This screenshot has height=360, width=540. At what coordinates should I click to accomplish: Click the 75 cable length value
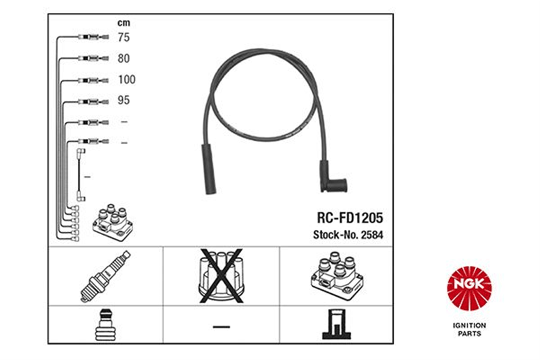[x=124, y=37]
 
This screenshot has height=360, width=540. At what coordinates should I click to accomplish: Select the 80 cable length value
[x=124, y=58]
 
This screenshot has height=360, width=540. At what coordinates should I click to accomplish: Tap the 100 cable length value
[x=127, y=79]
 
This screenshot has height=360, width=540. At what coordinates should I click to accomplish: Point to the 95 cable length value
[x=124, y=100]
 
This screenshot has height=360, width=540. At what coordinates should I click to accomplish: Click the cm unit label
[x=124, y=23]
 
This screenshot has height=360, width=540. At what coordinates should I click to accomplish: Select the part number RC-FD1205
[x=350, y=218]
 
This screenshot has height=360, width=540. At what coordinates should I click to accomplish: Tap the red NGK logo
[x=469, y=288]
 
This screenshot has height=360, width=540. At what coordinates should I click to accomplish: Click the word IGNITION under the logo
[x=470, y=325]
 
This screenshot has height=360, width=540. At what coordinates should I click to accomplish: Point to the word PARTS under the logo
[x=470, y=334]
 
